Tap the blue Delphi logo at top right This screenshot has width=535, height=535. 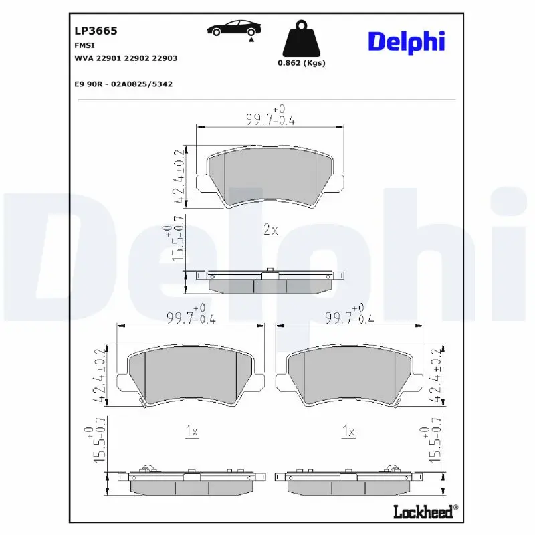406,41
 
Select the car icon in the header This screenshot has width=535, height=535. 234,29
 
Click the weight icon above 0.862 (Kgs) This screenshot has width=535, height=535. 300,39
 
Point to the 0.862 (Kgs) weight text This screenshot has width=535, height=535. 300,63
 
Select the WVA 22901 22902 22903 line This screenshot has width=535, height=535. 125,58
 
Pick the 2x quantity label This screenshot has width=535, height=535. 270,231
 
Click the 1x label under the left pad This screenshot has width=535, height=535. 191,432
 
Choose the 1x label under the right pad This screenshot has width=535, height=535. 348,432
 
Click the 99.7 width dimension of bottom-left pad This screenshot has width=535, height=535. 191,318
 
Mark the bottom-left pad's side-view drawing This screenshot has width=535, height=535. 192,482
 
